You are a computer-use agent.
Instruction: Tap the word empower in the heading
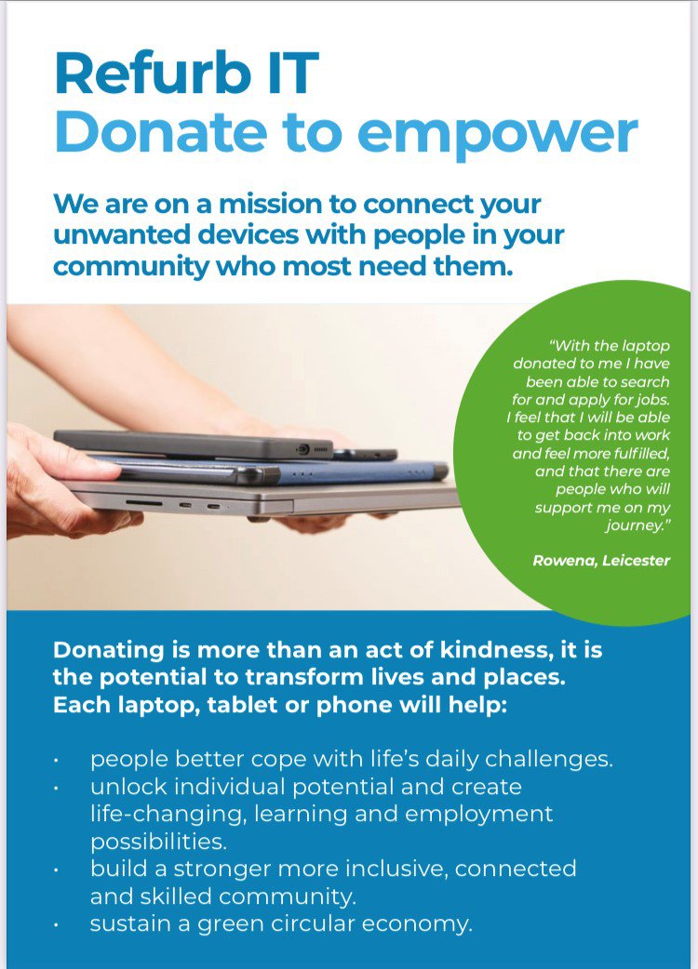(498, 135)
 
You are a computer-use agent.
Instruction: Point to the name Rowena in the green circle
(565, 561)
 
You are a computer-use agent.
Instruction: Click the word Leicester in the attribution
(637, 561)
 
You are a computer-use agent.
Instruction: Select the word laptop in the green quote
(646, 347)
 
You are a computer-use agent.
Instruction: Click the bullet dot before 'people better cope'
(57, 761)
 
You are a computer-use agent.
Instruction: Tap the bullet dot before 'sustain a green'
(57, 925)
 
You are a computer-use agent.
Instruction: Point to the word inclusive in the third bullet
(396, 869)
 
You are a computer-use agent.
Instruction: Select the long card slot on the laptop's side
(144, 504)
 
